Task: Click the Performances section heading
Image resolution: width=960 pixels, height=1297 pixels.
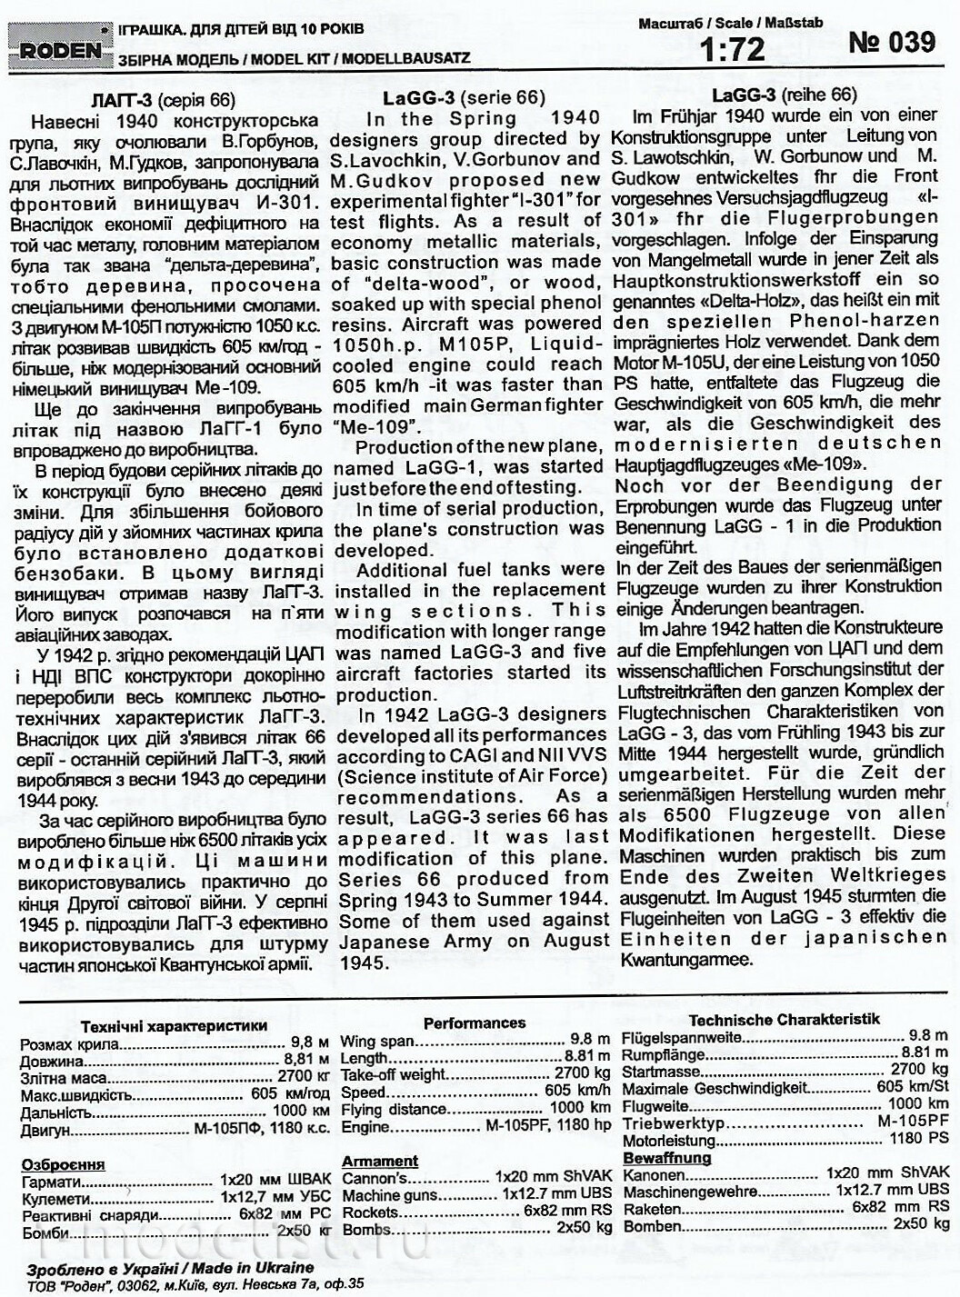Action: [474, 1023]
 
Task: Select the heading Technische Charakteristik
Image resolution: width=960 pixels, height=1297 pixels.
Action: [784, 1019]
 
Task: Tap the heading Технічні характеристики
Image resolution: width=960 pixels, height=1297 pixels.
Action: [174, 1025]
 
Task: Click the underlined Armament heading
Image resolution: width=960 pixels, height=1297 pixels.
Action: [380, 1161]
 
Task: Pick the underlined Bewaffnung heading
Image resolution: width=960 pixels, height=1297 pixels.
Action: [665, 1157]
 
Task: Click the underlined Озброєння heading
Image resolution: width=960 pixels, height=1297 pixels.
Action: [63, 1164]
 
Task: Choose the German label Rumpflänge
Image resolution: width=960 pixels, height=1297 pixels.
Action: [663, 1054]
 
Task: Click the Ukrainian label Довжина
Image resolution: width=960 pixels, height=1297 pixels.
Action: [53, 1061]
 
